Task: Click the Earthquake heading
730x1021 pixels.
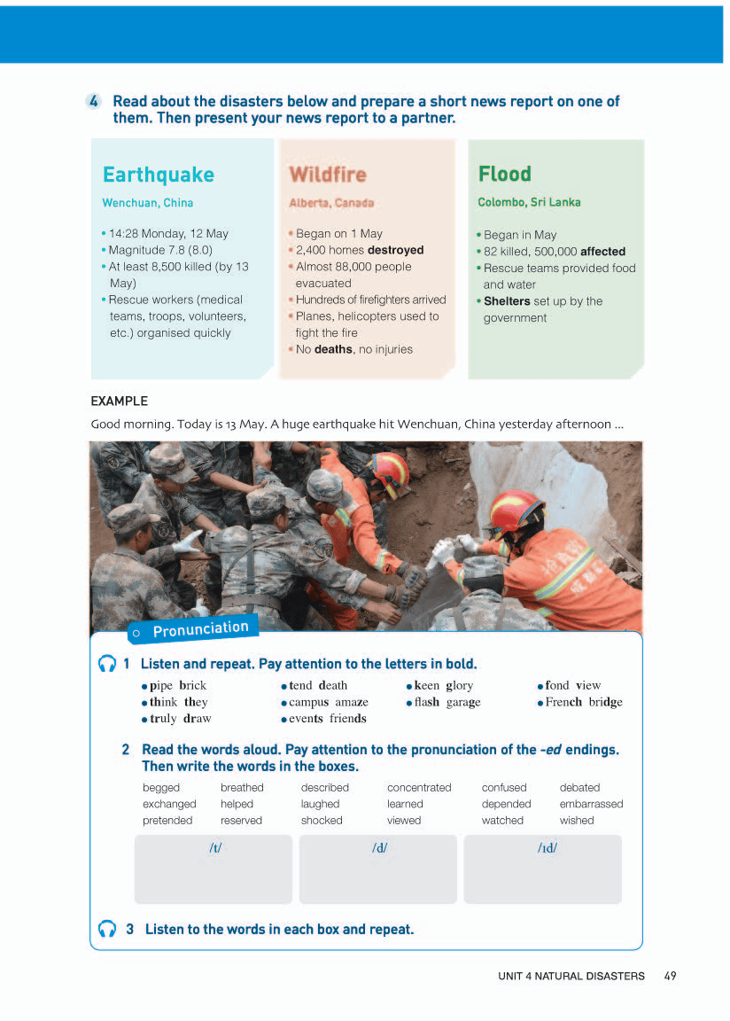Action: point(158,175)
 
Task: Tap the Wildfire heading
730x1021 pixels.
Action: point(327,175)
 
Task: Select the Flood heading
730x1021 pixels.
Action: point(504,174)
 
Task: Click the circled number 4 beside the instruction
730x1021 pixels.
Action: point(95,102)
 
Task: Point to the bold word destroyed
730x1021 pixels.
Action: point(395,250)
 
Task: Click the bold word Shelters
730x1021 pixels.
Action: point(506,301)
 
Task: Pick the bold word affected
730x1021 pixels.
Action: point(602,252)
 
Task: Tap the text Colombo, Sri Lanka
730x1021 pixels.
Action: point(529,202)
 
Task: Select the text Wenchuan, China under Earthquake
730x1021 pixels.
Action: point(147,203)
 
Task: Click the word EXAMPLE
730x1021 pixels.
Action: point(119,401)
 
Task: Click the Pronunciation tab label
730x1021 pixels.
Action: point(200,629)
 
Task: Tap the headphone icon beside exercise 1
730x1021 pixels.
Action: point(107,664)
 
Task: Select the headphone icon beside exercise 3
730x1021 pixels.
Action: point(107,929)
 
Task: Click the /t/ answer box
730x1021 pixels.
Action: point(213,869)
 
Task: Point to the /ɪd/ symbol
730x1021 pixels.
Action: point(547,848)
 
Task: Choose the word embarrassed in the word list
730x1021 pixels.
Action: point(591,804)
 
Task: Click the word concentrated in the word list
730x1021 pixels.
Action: point(419,787)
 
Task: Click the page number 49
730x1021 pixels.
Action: point(670,976)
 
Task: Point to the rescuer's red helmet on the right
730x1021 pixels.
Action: point(516,511)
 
